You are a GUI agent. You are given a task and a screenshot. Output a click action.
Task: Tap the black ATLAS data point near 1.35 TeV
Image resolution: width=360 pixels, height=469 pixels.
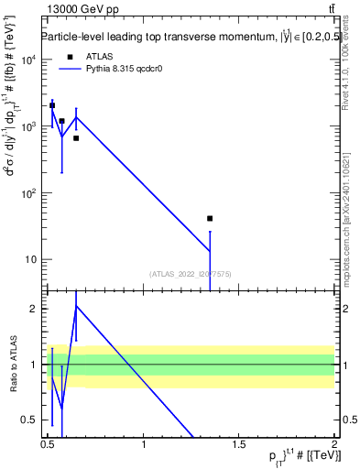pyautogui.click(x=210, y=218)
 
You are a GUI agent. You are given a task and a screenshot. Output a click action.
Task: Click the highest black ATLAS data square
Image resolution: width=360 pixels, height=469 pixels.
pyautogui.click(x=52, y=105)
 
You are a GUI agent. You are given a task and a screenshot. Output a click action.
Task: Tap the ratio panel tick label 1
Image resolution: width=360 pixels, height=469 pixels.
pyautogui.click(x=33, y=365)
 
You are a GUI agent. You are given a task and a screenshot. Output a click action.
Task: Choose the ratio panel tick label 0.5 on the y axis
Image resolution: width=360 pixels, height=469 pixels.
pyautogui.click(x=28, y=420)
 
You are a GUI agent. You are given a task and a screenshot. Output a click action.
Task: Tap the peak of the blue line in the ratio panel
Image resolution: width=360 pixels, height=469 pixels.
pyautogui.click(x=76, y=305)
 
